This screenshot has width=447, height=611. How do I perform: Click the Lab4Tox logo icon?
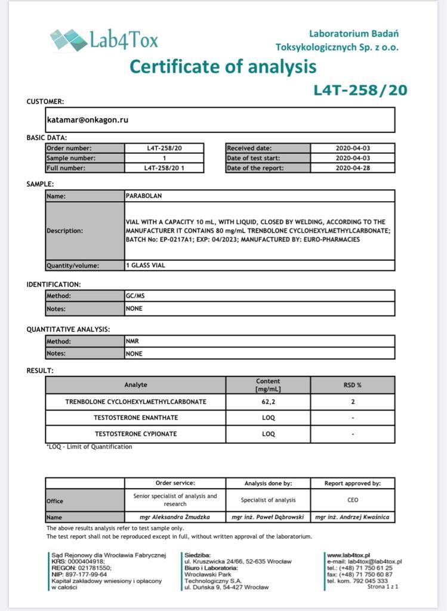[68, 39]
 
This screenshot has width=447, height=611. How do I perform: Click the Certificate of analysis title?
[223, 66]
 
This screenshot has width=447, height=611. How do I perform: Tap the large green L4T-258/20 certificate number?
[360, 90]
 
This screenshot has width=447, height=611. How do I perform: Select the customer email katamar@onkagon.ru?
[88, 120]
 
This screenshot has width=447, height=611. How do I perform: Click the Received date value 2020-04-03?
[352, 148]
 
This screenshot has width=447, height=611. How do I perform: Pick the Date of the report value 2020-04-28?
[352, 168]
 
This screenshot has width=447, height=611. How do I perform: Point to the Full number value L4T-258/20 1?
[164, 168]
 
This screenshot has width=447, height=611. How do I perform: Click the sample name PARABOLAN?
[144, 196]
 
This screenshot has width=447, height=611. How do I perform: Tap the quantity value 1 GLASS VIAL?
[146, 266]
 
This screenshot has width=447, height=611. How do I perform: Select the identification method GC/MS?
[134, 295]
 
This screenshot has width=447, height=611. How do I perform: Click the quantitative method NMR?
[132, 342]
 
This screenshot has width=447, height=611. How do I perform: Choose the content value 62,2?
[268, 402]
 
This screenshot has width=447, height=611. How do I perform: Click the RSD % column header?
[352, 385]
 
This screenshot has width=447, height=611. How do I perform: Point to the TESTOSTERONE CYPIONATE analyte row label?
[135, 434]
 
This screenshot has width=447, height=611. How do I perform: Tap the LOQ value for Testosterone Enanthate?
[268, 418]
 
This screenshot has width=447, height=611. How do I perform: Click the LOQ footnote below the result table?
[90, 446]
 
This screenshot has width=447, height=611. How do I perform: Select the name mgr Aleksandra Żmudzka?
[175, 517]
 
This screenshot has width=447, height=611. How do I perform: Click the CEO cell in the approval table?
[352, 500]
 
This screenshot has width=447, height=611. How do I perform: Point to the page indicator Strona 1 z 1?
[383, 587]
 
